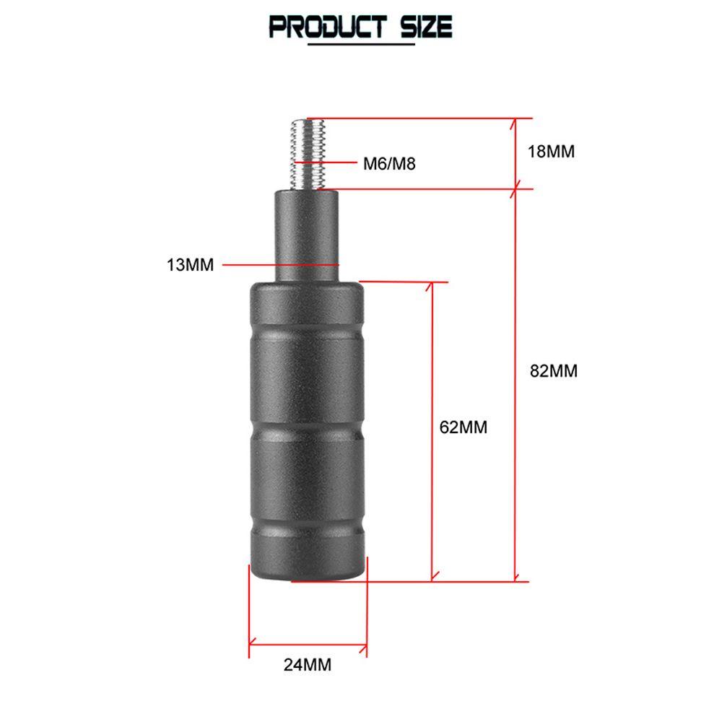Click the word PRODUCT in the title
pyautogui.click(x=327, y=26)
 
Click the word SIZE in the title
pyautogui.click(x=426, y=26)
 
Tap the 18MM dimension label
pyautogui.click(x=551, y=152)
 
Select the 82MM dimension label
pyautogui.click(x=554, y=370)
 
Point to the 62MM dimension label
pyautogui.click(x=464, y=427)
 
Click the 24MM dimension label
pyautogui.click(x=308, y=665)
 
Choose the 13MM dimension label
pyautogui.click(x=190, y=265)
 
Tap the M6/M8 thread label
pyautogui.click(x=390, y=163)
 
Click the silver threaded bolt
pyautogui.click(x=308, y=155)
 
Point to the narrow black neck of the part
pyautogui.click(x=307, y=236)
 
